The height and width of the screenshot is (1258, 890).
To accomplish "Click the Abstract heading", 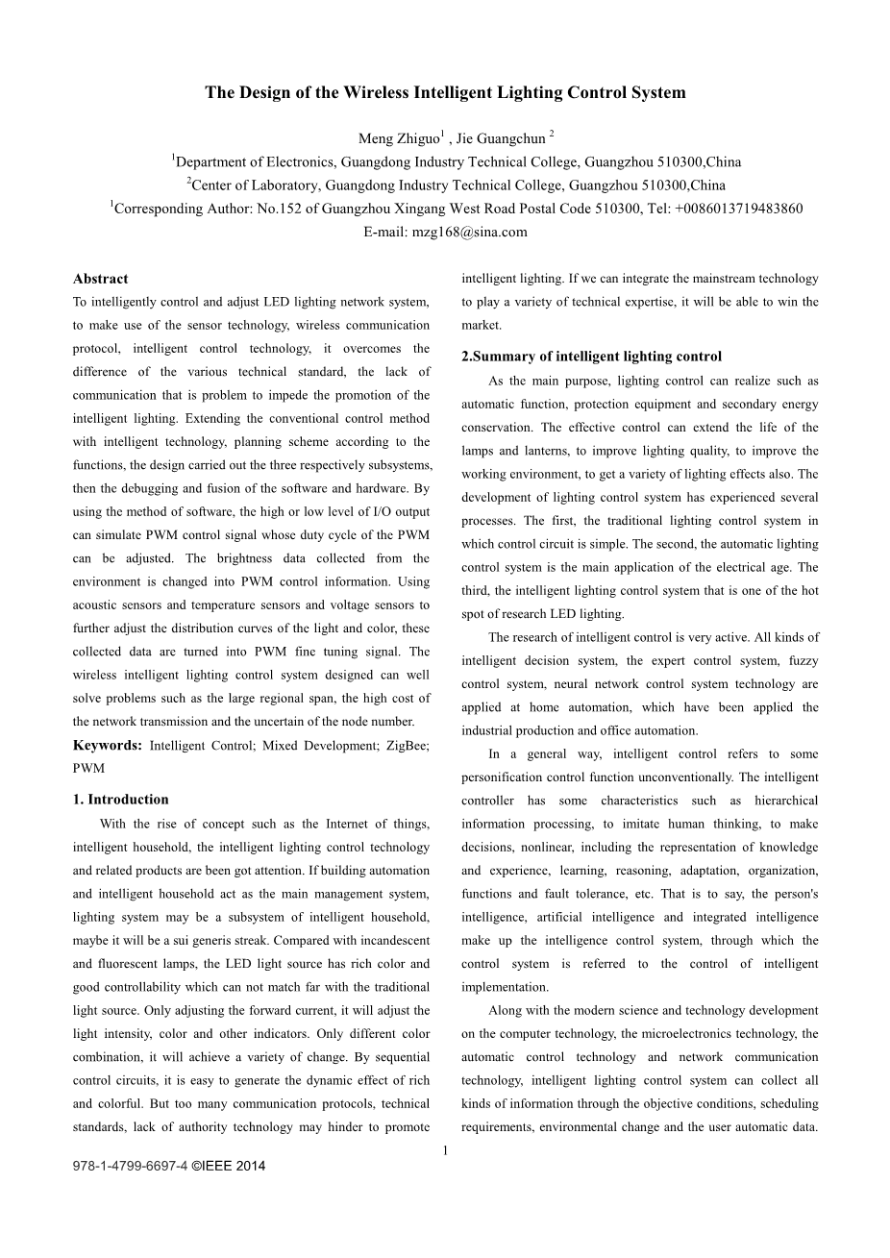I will pos(100,279).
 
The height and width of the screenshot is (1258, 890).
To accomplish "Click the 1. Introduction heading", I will pos(120,800).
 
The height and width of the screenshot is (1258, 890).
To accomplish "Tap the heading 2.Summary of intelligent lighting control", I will pos(591,357).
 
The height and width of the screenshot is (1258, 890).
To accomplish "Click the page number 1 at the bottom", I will pos(446,1149).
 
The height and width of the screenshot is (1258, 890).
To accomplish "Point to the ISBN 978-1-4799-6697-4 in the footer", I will pos(130,1167).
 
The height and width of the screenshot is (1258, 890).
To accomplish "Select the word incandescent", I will pos(386,941).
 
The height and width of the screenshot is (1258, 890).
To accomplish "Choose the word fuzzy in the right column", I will pos(803,661).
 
